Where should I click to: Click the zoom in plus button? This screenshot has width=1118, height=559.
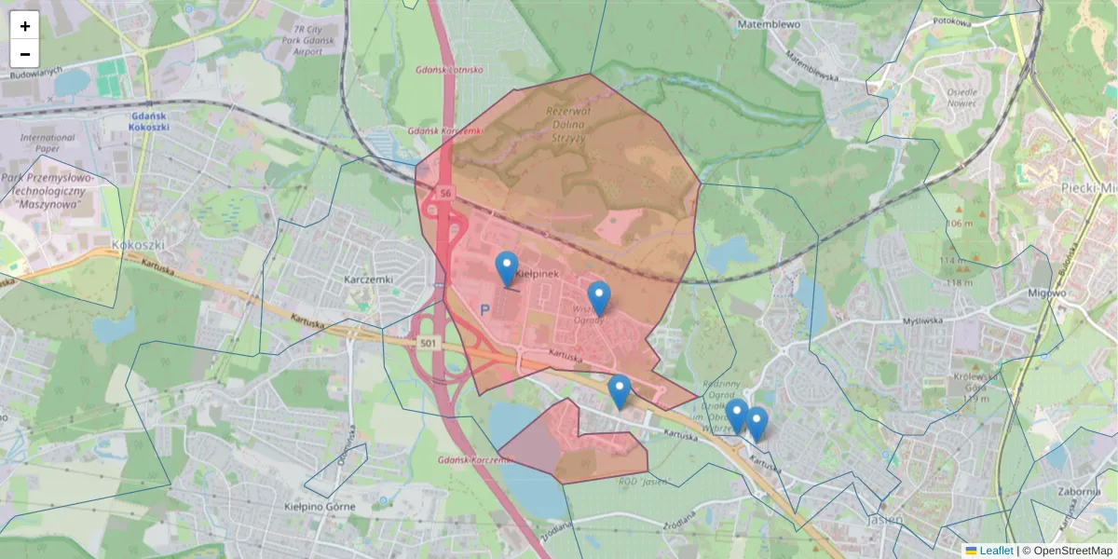pos(25,26)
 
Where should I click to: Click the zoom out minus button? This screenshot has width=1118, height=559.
pos(25,53)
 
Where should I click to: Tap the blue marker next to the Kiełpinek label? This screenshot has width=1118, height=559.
pos(507,269)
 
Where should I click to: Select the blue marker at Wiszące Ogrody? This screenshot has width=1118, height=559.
pos(599,298)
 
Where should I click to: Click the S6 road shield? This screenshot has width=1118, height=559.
pos(445,193)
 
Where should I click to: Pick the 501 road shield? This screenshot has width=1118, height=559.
pos(428,343)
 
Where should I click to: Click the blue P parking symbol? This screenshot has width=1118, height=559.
pos(484,308)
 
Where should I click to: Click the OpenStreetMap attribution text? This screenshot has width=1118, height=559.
pos(1072,551)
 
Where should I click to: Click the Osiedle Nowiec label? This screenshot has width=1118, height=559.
pos(961,98)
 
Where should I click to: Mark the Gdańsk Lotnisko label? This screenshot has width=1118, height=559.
pos(449,70)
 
